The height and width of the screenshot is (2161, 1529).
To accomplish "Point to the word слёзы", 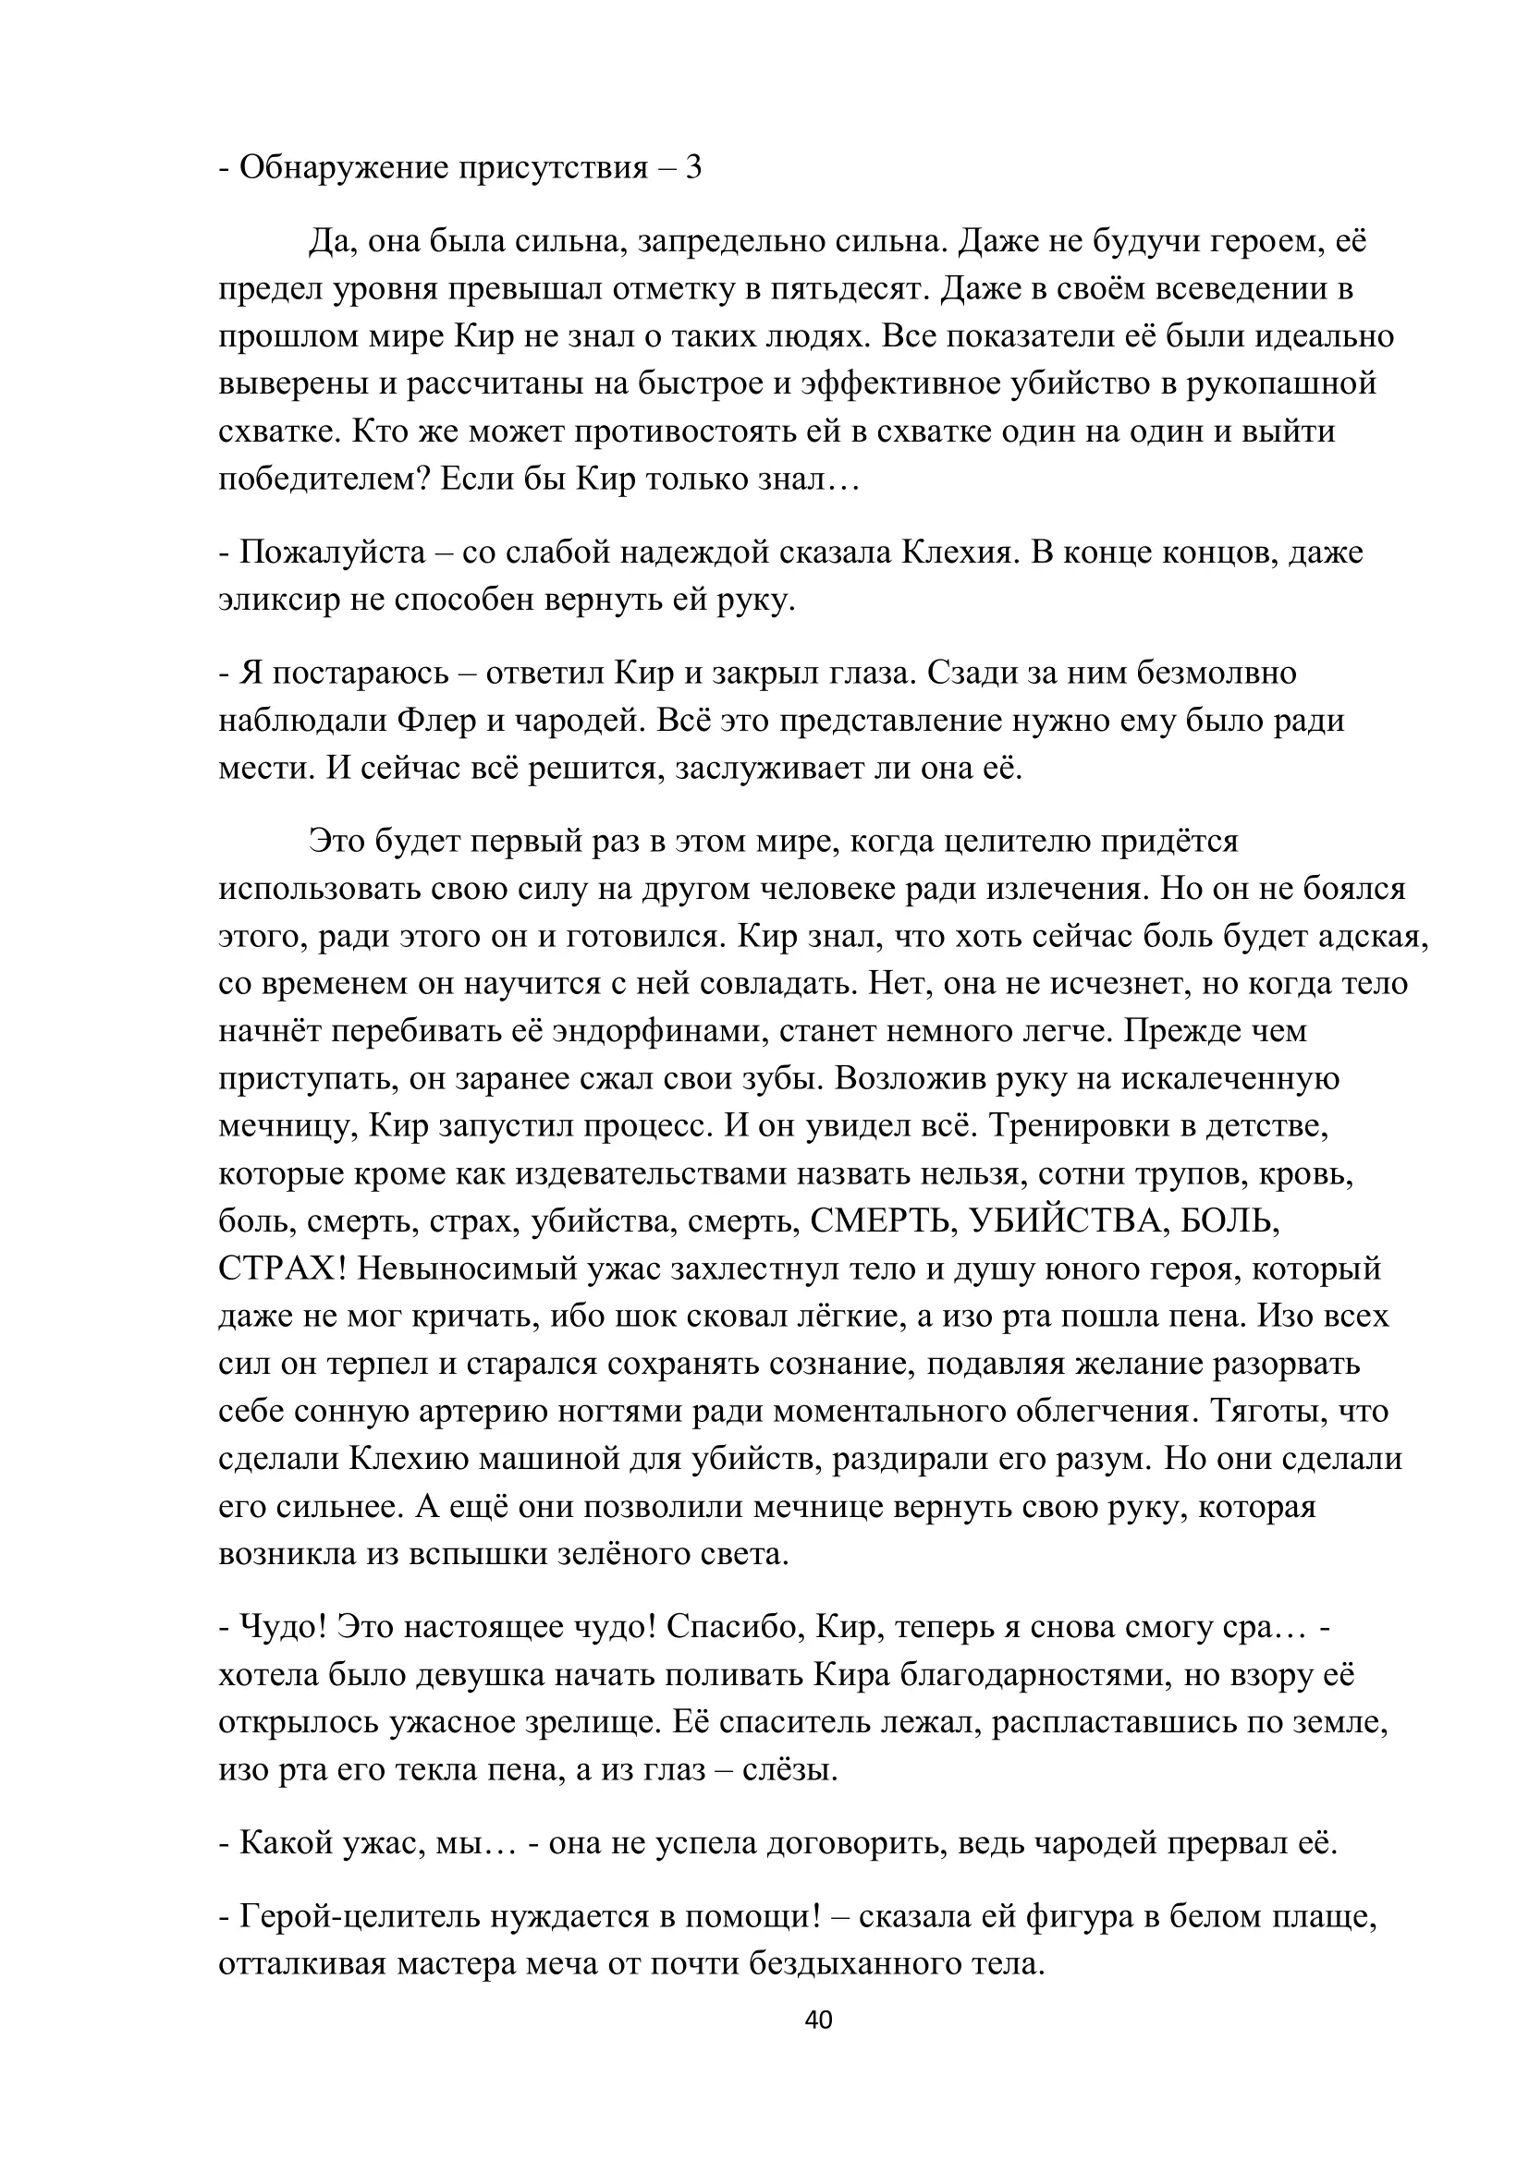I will pyautogui.click(x=789, y=1770).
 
